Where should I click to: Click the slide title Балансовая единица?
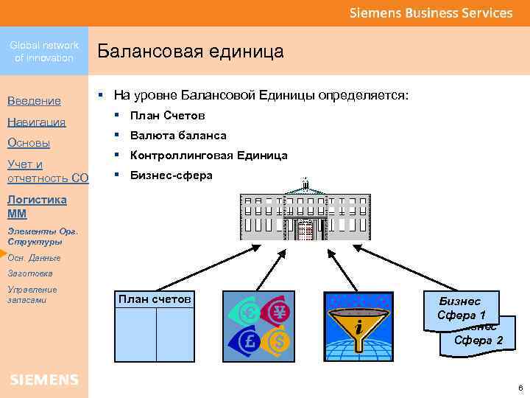191,52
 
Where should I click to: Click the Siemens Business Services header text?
431,13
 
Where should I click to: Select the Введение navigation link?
34,100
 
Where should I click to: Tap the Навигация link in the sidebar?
36,122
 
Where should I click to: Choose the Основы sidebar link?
29,143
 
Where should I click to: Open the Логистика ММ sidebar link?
36,206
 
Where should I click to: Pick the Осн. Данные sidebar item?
34,258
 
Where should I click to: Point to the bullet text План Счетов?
167,116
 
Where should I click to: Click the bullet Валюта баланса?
177,136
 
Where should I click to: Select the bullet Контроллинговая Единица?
208,156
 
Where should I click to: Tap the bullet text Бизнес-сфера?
171,175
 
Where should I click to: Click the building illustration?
305,214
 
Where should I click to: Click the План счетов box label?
155,298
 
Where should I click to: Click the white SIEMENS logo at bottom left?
44,380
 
